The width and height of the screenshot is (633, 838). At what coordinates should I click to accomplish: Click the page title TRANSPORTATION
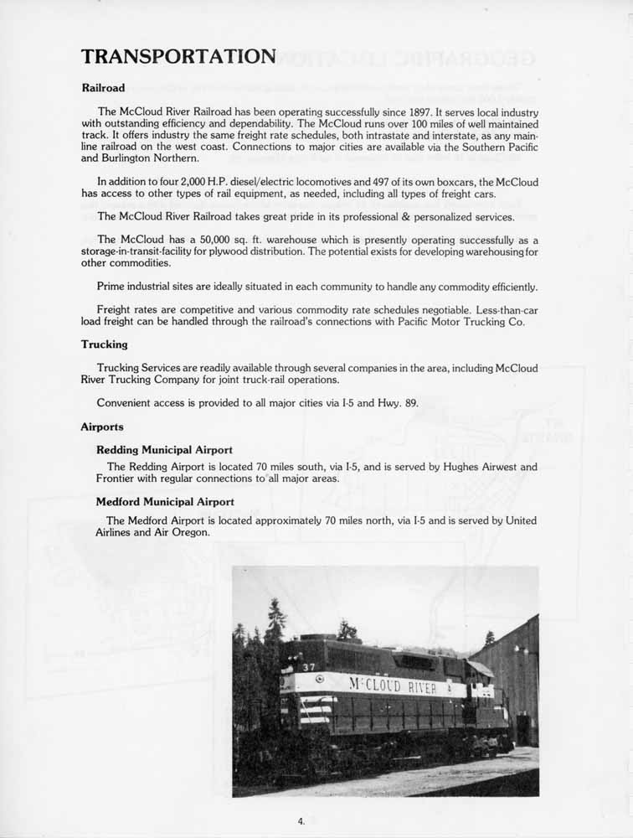[178, 57]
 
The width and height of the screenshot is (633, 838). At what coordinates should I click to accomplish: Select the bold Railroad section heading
[103, 88]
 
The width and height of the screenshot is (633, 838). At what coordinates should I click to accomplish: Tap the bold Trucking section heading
[104, 344]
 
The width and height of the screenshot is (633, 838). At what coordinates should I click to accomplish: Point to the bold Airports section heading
[102, 427]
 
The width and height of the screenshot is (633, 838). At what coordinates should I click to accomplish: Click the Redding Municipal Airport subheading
[164, 450]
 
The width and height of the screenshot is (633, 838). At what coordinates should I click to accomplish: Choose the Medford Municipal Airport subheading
[165, 502]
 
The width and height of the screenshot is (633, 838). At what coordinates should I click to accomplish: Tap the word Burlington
[134, 158]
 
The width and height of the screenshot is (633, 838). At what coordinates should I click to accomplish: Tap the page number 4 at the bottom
[301, 821]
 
